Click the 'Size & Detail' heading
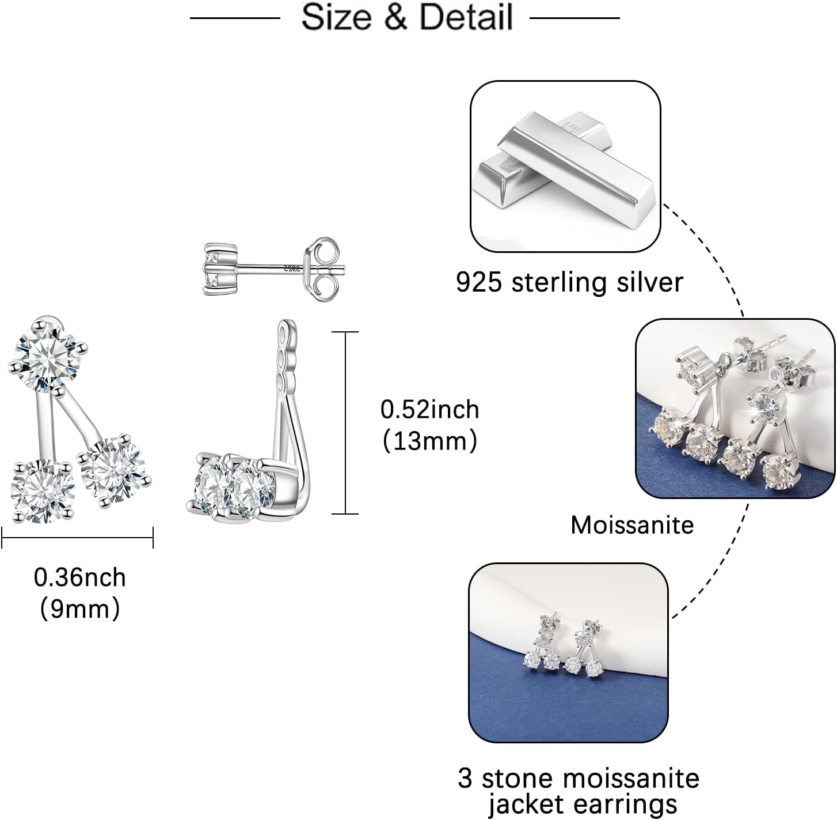pyautogui.click(x=406, y=17)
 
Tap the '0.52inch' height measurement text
pyautogui.click(x=429, y=409)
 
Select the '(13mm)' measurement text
pyautogui.click(x=429, y=441)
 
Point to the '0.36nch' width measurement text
pyautogui.click(x=79, y=577)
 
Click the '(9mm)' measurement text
pyautogui.click(x=79, y=608)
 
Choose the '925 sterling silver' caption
pyautogui.click(x=569, y=282)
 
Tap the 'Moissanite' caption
pyautogui.click(x=632, y=525)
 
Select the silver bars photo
pyautogui.click(x=565, y=166)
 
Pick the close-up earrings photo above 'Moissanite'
pyautogui.click(x=735, y=408)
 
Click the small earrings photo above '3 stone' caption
pyautogui.click(x=568, y=652)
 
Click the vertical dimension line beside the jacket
pyautogui.click(x=345, y=422)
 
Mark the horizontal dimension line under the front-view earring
pyautogui.click(x=78, y=538)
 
